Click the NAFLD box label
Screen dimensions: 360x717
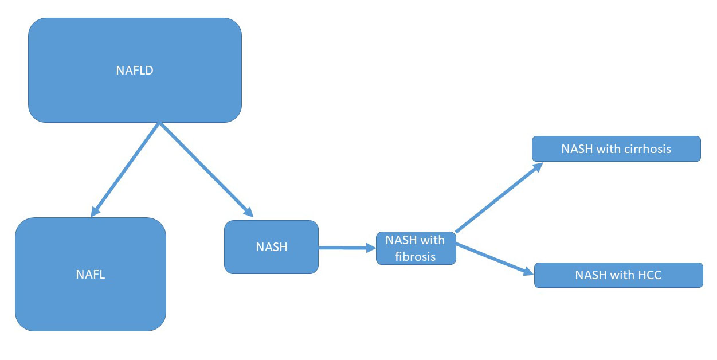coord(135,71)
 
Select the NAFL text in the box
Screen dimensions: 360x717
coord(91,274)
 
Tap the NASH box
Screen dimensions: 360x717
coord(271,247)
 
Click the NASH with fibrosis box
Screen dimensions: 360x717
coord(416,248)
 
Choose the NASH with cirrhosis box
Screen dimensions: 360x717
coord(616,149)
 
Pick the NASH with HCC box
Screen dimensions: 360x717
coord(618,275)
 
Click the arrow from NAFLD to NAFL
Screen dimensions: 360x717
coord(125,170)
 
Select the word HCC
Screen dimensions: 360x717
coord(649,275)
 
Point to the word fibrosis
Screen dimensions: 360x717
coord(415,256)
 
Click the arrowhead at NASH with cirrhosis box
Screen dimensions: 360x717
coord(537,167)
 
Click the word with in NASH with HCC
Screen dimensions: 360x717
coord(621,275)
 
